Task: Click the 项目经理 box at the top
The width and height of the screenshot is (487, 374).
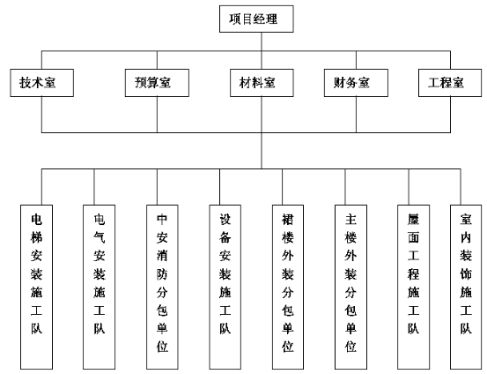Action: click(x=256, y=19)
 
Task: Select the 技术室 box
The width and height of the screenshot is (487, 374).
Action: click(x=42, y=83)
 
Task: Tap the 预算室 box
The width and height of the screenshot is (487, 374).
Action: click(x=157, y=83)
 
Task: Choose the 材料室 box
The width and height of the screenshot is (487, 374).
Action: click(x=262, y=83)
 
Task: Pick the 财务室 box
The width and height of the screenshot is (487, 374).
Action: click(x=356, y=83)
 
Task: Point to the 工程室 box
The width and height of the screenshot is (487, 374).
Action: click(x=450, y=83)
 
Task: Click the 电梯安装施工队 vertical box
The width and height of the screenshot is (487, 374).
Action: click(x=36, y=287)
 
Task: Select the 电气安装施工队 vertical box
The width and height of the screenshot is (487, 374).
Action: click(x=100, y=287)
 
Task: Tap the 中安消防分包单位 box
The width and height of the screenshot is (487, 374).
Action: click(x=162, y=287)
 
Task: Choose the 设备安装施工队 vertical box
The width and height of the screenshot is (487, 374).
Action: click(x=225, y=287)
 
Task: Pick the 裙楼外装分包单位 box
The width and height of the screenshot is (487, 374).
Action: click(x=288, y=287)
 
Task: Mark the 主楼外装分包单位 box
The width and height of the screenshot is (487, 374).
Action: click(x=350, y=287)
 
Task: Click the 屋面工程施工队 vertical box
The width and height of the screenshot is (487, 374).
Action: click(x=414, y=287)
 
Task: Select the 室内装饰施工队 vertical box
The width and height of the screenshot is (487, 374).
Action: click(x=466, y=287)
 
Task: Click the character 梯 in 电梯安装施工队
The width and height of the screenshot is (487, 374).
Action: click(x=36, y=237)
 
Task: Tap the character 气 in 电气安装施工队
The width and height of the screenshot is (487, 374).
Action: click(x=100, y=237)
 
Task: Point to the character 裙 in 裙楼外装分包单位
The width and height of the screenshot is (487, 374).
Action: click(x=288, y=220)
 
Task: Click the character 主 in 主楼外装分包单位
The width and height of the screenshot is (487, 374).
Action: click(x=350, y=220)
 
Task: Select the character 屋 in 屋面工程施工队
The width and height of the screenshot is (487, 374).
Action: click(x=414, y=220)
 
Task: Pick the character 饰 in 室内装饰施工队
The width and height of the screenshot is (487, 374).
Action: click(x=466, y=274)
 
